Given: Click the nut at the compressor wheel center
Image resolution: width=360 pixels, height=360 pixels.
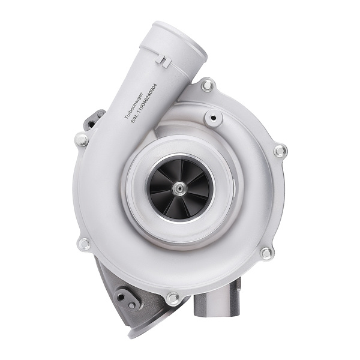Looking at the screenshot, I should pyautogui.click(x=178, y=188).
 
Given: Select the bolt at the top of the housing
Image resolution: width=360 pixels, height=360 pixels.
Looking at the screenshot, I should pyautogui.click(x=207, y=85).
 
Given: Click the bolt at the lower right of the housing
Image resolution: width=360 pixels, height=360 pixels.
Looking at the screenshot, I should pyautogui.click(x=266, y=253).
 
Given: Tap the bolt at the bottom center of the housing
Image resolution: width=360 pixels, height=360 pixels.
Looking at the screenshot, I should pyautogui.click(x=173, y=298).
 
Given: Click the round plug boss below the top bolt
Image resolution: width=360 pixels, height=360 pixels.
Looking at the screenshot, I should pyautogui.click(x=213, y=118).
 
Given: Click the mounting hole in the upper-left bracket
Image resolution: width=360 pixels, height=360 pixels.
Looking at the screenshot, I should pyautogui.click(x=91, y=124).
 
